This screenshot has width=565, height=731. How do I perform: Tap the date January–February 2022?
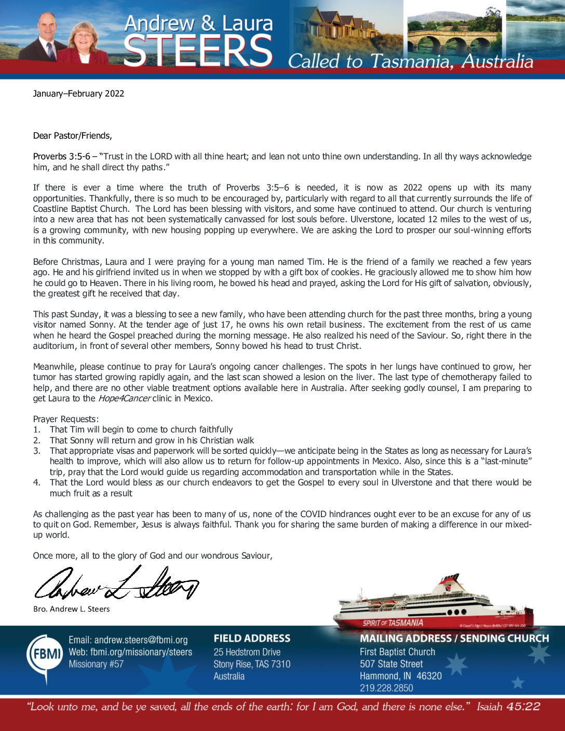[x=78, y=94]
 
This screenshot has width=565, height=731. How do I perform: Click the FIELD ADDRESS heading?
[x=252, y=639]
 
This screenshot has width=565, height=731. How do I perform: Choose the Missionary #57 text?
[x=96, y=664]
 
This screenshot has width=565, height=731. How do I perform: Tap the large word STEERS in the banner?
[x=198, y=51]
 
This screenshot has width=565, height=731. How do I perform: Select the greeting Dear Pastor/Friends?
[x=72, y=136]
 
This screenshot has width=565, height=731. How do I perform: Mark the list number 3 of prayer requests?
[x=36, y=451]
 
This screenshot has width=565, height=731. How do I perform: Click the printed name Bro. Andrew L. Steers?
[x=71, y=609]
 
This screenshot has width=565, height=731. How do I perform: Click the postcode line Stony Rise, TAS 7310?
[x=252, y=664]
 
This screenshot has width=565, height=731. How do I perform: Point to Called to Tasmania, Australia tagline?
[x=410, y=61]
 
